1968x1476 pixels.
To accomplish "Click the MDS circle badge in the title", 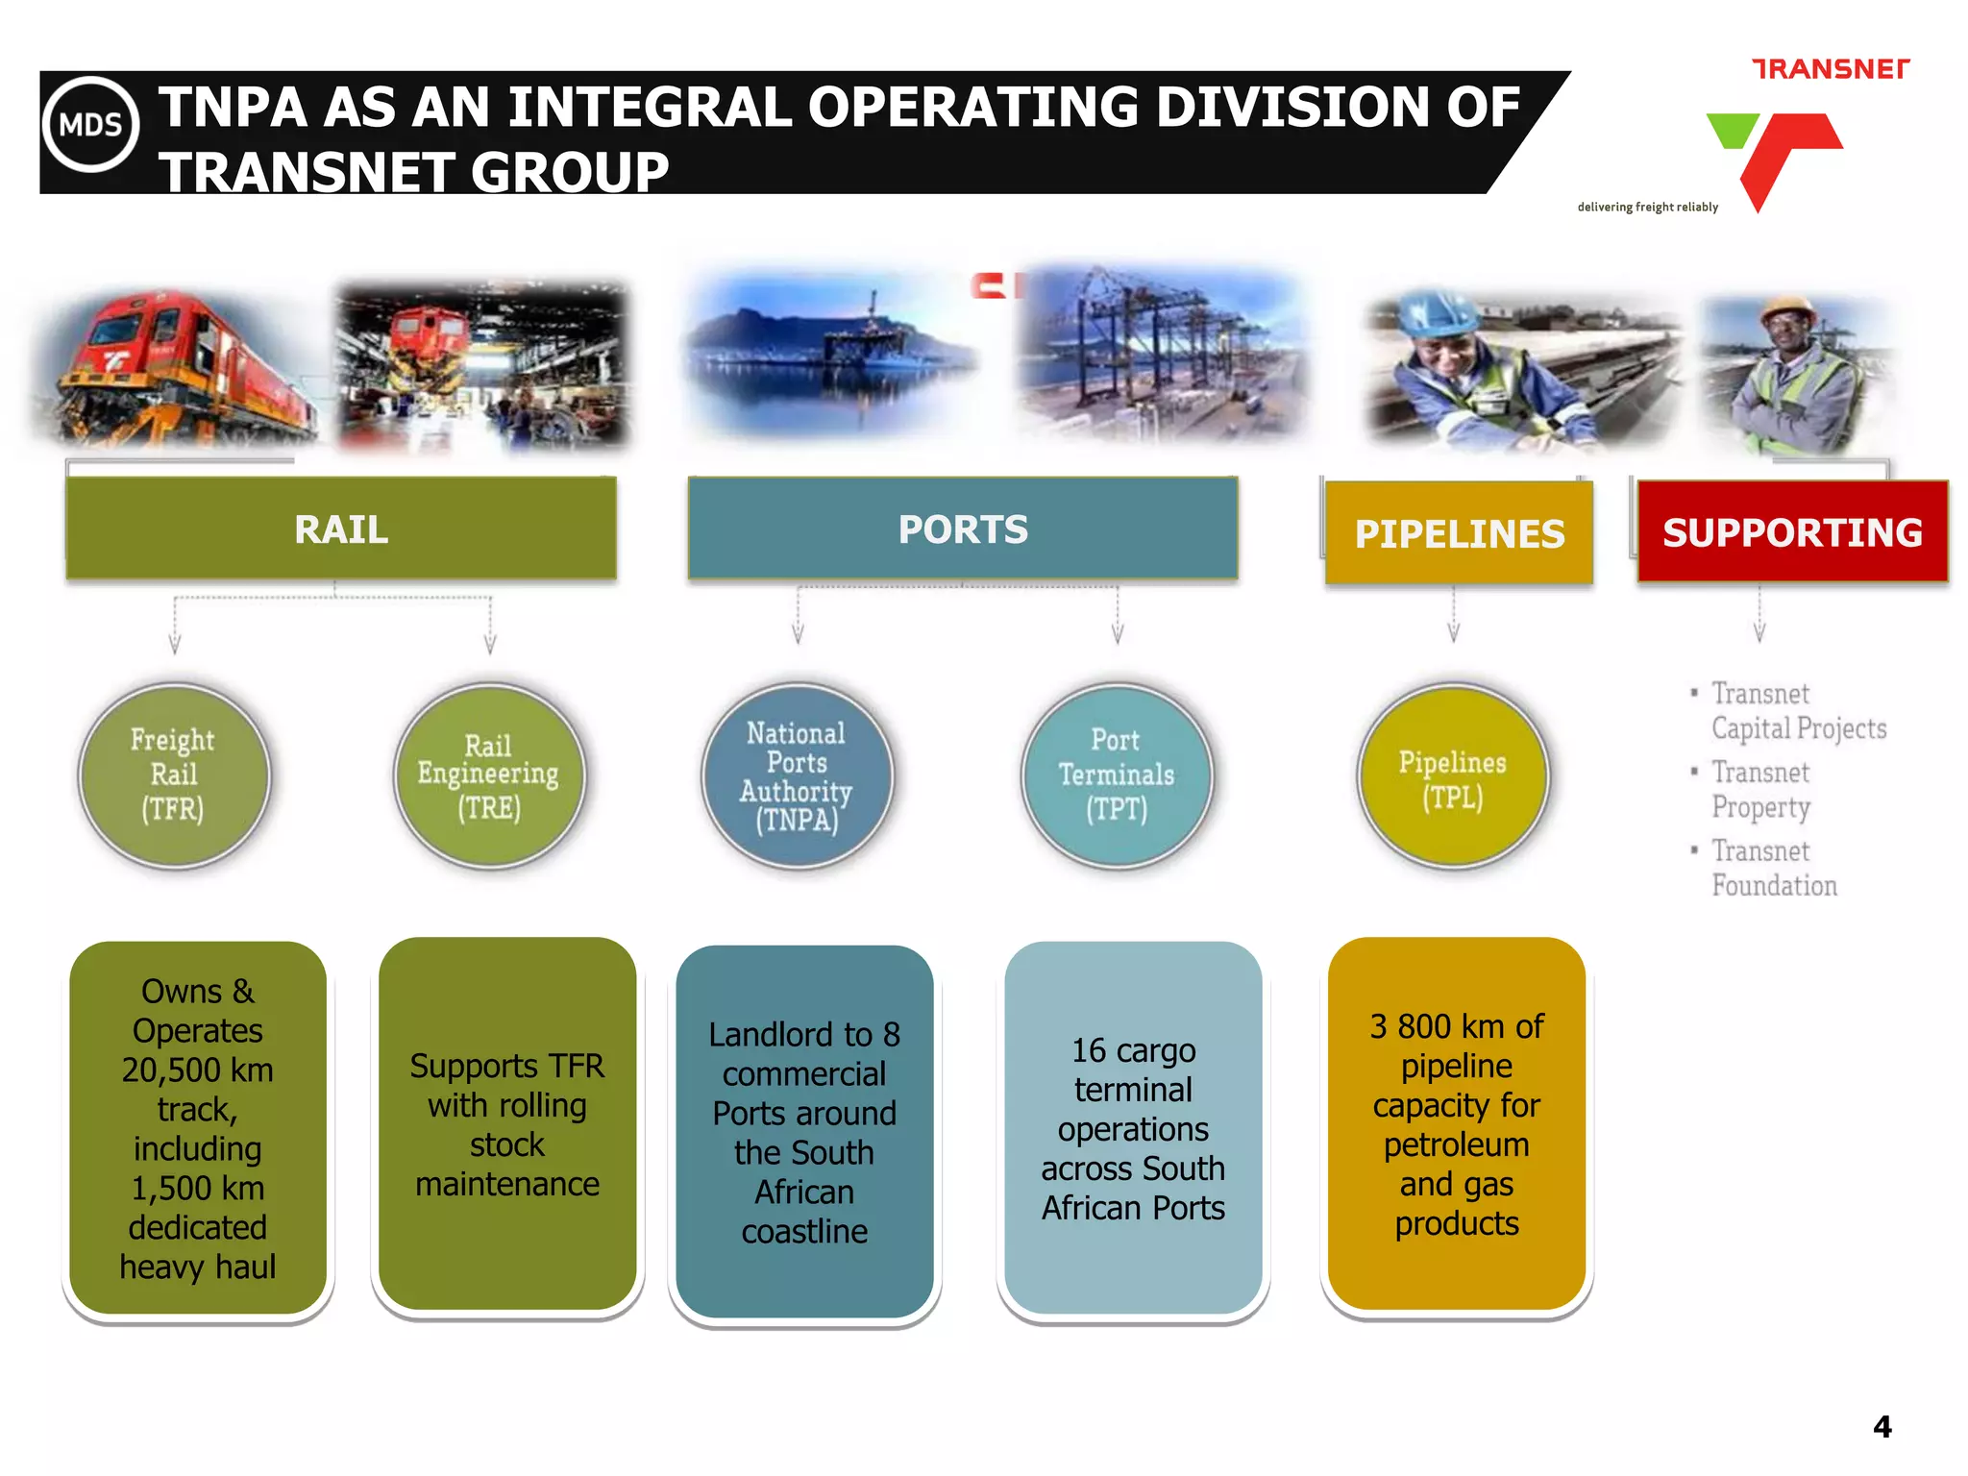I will (91, 125).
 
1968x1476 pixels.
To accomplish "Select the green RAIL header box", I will (341, 529).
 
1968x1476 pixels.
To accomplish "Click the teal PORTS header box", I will (963, 529).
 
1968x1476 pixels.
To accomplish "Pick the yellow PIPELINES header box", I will (1459, 533).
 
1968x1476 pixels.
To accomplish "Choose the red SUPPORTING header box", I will (1792, 532).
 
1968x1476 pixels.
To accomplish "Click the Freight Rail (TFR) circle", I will (174, 775).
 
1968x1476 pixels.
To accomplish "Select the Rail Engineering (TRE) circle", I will (489, 775).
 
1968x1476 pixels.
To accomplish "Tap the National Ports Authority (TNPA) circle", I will (797, 775).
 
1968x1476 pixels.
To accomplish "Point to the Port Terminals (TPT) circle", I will (1117, 775).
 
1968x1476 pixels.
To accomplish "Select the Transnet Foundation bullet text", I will (1774, 868).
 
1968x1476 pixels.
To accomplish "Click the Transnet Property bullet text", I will (1760, 789).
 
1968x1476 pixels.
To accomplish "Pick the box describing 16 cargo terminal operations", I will (1133, 1128).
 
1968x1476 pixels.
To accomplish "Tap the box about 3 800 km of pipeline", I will (1457, 1124).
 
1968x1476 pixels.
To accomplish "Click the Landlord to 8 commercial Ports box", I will (804, 1132).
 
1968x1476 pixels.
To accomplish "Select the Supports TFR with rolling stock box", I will (507, 1124).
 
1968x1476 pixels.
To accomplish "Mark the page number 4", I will (1882, 1426).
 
